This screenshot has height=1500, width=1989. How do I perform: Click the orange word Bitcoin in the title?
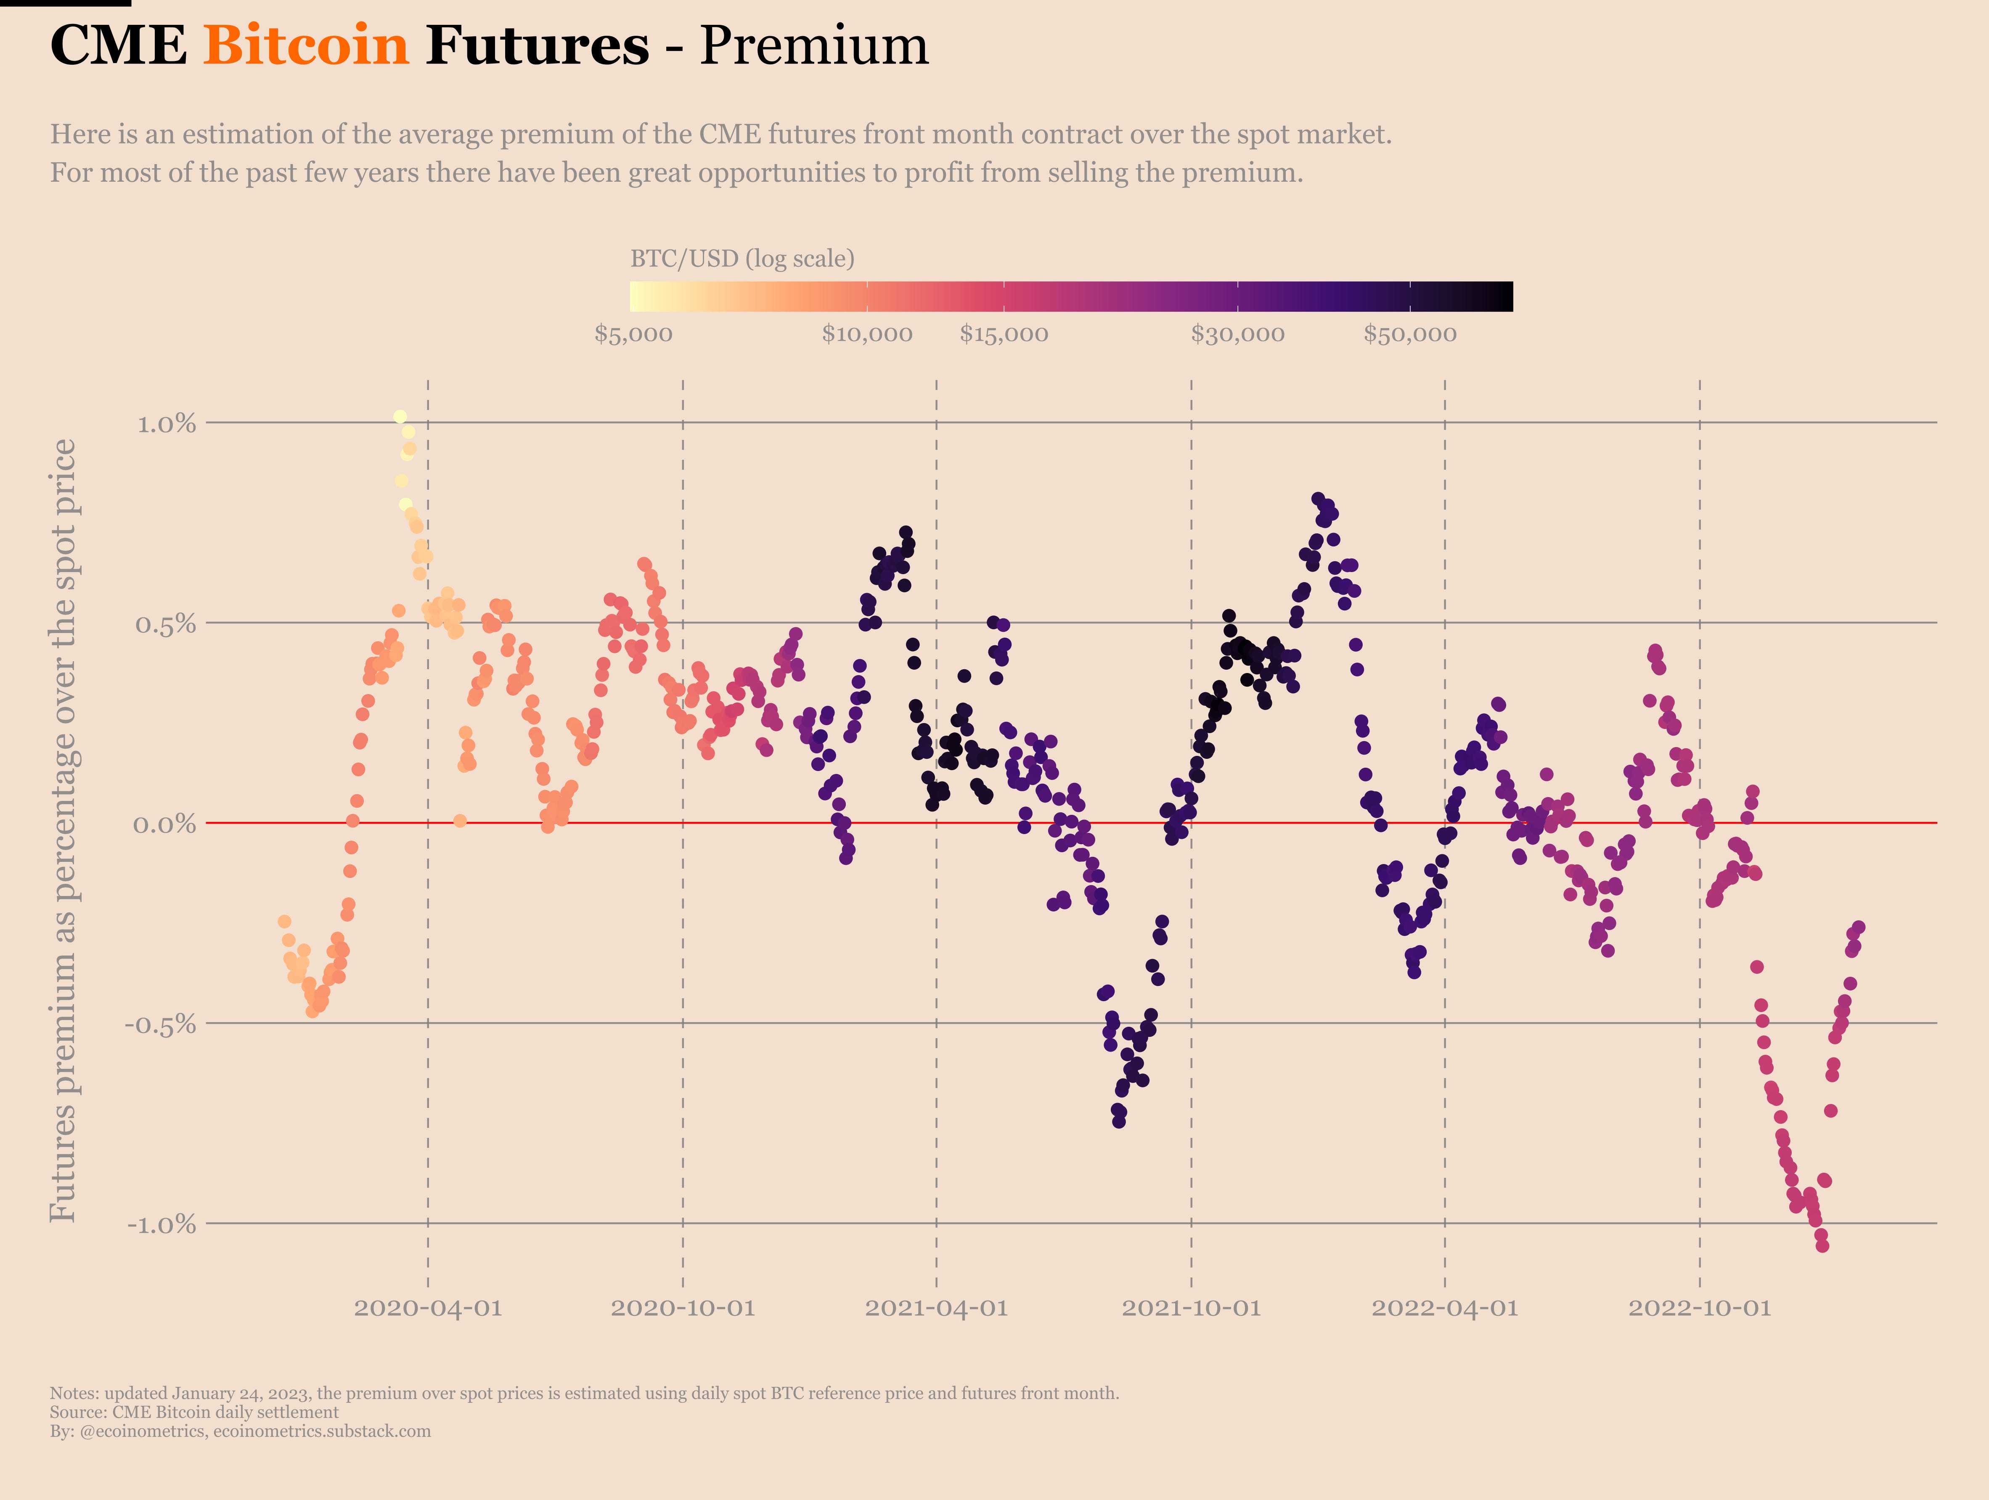(x=306, y=45)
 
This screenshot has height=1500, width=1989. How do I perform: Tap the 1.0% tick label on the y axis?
(x=167, y=424)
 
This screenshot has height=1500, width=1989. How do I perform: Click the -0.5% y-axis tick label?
(x=160, y=1024)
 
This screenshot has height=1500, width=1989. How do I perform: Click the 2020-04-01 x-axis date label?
(x=428, y=1307)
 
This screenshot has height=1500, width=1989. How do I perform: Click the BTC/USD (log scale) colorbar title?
(x=742, y=259)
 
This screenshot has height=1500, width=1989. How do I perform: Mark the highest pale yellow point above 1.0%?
(x=400, y=416)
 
